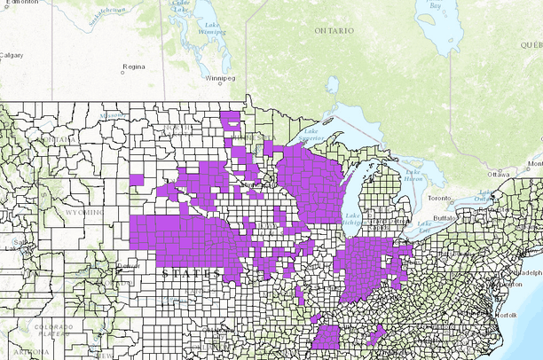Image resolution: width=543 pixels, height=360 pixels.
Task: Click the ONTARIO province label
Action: [x=334, y=30]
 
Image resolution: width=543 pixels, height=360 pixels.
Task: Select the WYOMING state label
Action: [x=74, y=213]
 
